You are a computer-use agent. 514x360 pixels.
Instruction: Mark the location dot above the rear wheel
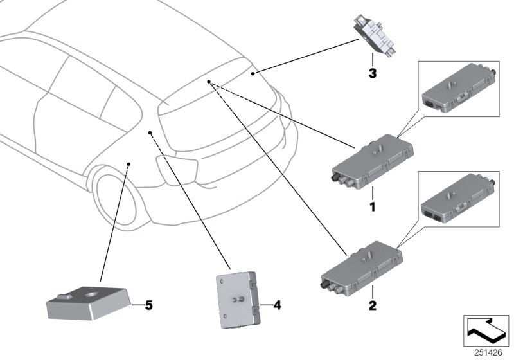point(128,165)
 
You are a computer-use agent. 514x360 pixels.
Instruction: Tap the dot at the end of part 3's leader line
point(253,75)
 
